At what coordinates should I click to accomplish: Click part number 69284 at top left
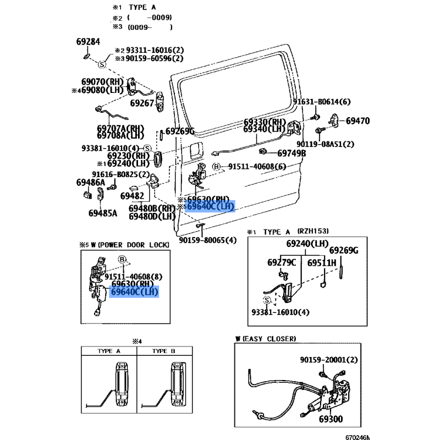88,42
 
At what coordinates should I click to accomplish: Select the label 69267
142,103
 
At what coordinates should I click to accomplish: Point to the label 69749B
291,153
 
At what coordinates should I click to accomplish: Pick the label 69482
132,195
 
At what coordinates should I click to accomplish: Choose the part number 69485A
103,213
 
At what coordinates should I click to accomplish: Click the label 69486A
91,183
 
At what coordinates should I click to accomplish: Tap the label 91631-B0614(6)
321,102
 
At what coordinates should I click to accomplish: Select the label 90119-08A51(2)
325,144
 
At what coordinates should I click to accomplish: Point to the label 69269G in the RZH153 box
344,251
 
